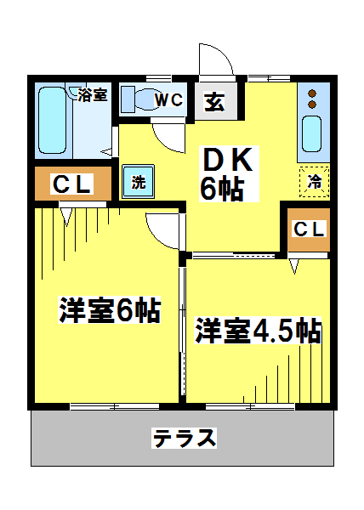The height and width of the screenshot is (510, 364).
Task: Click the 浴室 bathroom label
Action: pyautogui.click(x=93, y=94)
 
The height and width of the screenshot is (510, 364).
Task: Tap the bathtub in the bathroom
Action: pyautogui.click(x=52, y=120)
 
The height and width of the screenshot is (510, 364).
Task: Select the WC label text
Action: pyautogui.click(x=169, y=99)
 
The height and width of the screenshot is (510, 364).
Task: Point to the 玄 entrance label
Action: pyautogui.click(x=214, y=102)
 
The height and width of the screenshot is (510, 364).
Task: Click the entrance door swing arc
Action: pyautogui.click(x=220, y=56)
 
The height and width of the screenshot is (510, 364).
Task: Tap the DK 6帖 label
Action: pyautogui.click(x=228, y=174)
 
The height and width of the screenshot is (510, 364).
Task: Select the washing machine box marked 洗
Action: pyautogui.click(x=139, y=182)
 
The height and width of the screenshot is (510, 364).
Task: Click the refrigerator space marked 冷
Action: pyautogui.click(x=314, y=182)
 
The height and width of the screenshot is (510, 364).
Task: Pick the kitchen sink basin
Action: pyautogui.click(x=311, y=133)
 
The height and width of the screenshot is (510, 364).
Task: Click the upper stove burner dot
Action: pyautogui.click(x=312, y=93)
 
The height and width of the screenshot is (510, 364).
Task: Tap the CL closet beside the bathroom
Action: pyautogui.click(x=73, y=184)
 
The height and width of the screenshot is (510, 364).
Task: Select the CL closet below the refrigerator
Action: pyautogui.click(x=309, y=229)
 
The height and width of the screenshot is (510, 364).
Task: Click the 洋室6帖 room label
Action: pyautogui.click(x=110, y=309)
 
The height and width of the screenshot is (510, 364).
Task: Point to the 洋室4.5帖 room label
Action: pyautogui.click(x=258, y=330)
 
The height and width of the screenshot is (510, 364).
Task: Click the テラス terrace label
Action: pyautogui.click(x=184, y=438)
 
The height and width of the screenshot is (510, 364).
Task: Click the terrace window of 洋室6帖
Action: pyautogui.click(x=115, y=406)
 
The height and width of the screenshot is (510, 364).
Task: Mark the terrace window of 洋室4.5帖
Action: pyautogui.click(x=251, y=406)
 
